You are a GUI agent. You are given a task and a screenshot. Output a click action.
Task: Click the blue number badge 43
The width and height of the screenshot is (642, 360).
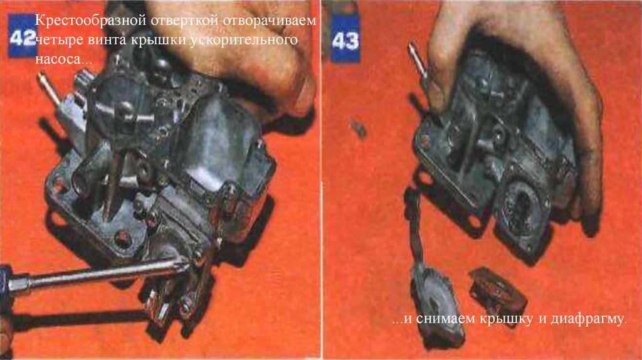[345, 40]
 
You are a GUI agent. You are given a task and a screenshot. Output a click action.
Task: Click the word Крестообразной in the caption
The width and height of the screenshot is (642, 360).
[91, 20]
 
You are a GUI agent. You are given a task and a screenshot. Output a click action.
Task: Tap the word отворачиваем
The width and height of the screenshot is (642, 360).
[270, 21]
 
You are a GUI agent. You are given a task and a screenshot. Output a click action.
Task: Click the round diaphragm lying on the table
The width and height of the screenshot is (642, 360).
[438, 305]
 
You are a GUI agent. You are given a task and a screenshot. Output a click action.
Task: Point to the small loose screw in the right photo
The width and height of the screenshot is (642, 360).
[359, 129]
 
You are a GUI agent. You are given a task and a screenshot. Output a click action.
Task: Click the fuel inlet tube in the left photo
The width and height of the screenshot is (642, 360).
[48, 87]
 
